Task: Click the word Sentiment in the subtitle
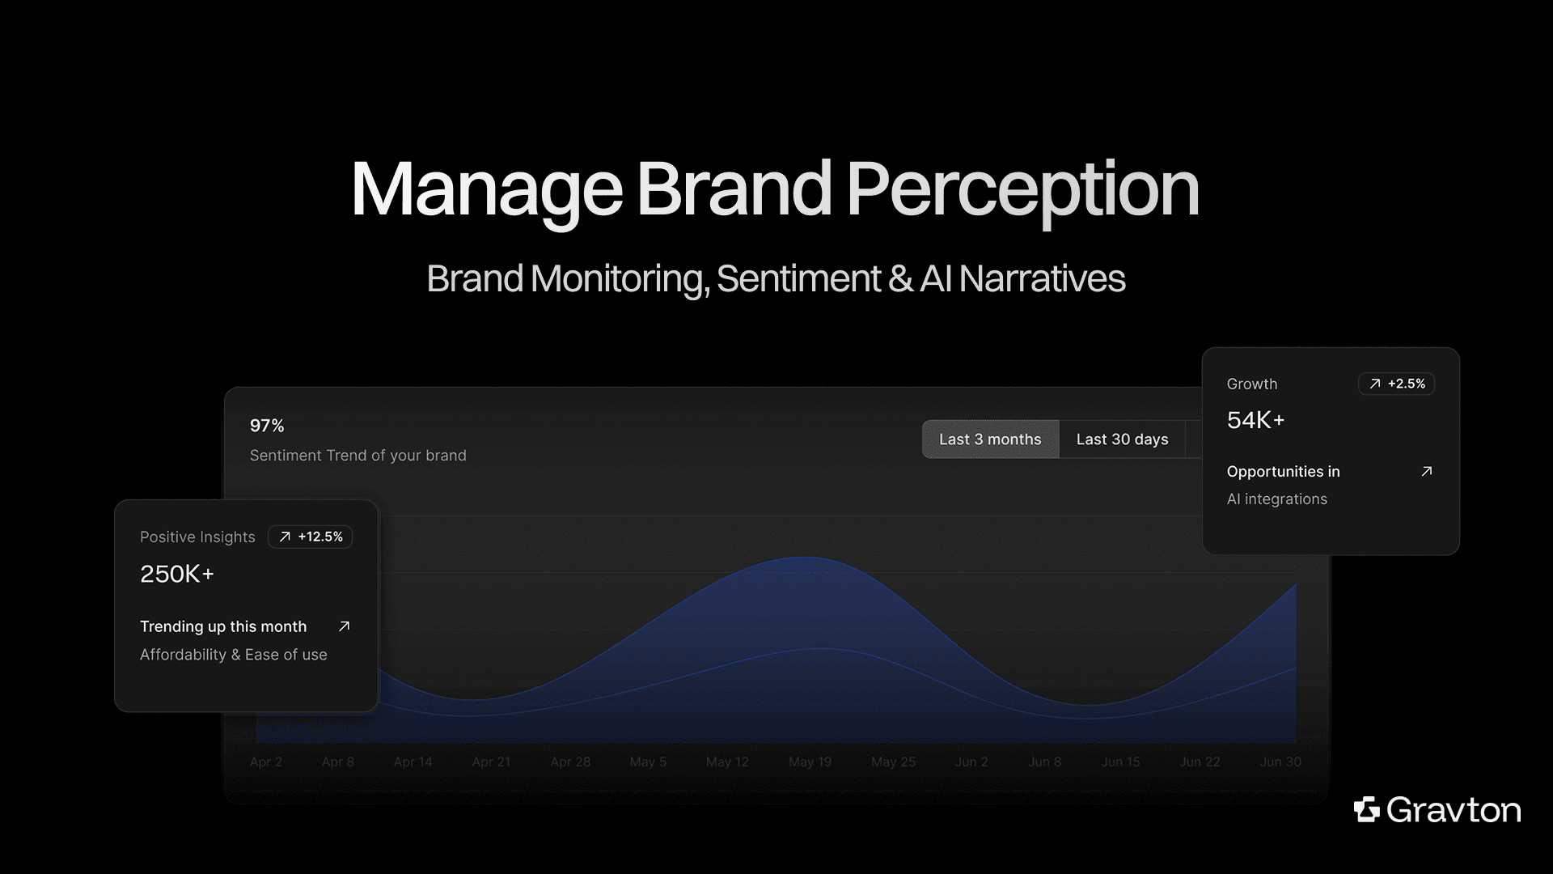(x=798, y=278)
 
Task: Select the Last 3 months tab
(x=990, y=439)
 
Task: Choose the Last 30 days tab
(x=1122, y=439)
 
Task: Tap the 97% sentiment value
(x=267, y=426)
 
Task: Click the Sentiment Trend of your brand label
(x=358, y=456)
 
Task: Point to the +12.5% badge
(x=311, y=537)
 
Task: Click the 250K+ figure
(x=177, y=574)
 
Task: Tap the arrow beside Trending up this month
(x=344, y=626)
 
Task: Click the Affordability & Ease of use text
(x=233, y=655)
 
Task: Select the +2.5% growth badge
(x=1397, y=384)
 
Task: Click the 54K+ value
(x=1255, y=420)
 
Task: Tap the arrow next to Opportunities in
(x=1427, y=471)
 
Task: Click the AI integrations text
(x=1276, y=499)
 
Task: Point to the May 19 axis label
(x=810, y=762)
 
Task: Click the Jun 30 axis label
(x=1280, y=762)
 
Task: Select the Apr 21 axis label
(x=491, y=762)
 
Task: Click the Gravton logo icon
(x=1367, y=809)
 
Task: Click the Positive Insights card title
(x=197, y=537)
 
